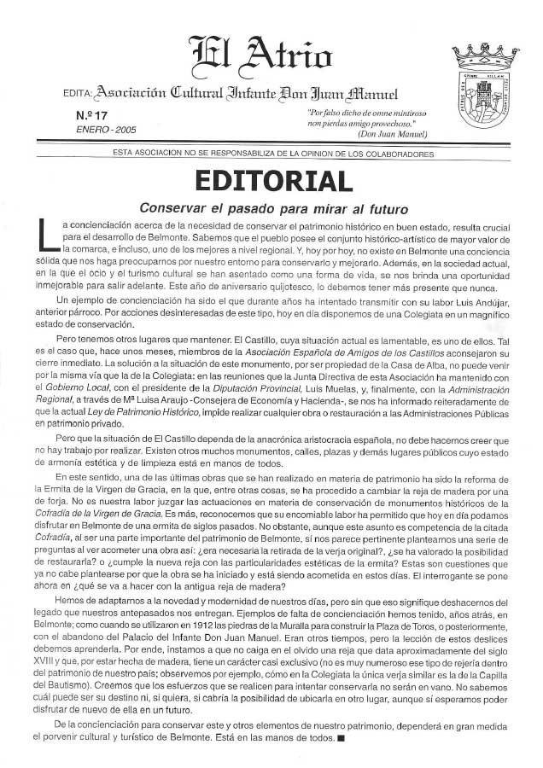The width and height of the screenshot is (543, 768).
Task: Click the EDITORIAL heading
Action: [272, 182]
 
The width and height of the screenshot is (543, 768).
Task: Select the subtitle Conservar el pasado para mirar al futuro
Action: [272, 208]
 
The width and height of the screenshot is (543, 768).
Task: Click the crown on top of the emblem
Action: [485, 57]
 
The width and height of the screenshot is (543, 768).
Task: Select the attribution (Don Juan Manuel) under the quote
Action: [394, 134]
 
